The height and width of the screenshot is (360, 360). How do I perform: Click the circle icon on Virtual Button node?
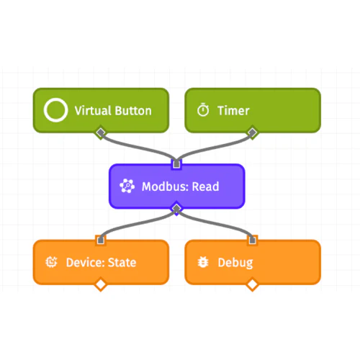click(x=55, y=110)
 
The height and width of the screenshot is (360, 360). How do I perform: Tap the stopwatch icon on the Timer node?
click(x=204, y=110)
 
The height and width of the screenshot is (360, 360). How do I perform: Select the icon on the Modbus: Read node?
click(x=127, y=186)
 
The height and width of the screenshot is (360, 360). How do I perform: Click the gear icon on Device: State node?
click(x=52, y=262)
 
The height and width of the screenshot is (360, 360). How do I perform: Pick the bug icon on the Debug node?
click(x=204, y=262)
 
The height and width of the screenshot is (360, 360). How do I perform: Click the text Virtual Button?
click(x=113, y=110)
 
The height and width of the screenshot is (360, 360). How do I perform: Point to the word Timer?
click(x=233, y=110)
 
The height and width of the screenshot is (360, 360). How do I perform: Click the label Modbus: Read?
click(x=180, y=186)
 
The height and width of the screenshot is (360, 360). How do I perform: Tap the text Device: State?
click(x=101, y=262)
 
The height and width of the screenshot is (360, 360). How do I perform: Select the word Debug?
click(x=235, y=262)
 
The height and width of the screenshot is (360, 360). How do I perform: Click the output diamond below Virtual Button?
click(x=101, y=132)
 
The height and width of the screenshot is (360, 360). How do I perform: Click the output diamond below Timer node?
click(x=252, y=132)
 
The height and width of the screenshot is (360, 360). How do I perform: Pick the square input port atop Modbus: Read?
click(x=176, y=164)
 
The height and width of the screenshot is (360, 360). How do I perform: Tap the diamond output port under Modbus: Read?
click(x=176, y=209)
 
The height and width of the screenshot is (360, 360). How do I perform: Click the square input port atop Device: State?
click(x=101, y=240)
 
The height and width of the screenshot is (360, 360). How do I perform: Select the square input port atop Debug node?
click(x=252, y=240)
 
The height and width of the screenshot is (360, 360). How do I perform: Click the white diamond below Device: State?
click(x=101, y=285)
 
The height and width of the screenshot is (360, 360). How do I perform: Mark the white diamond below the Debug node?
click(x=252, y=285)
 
